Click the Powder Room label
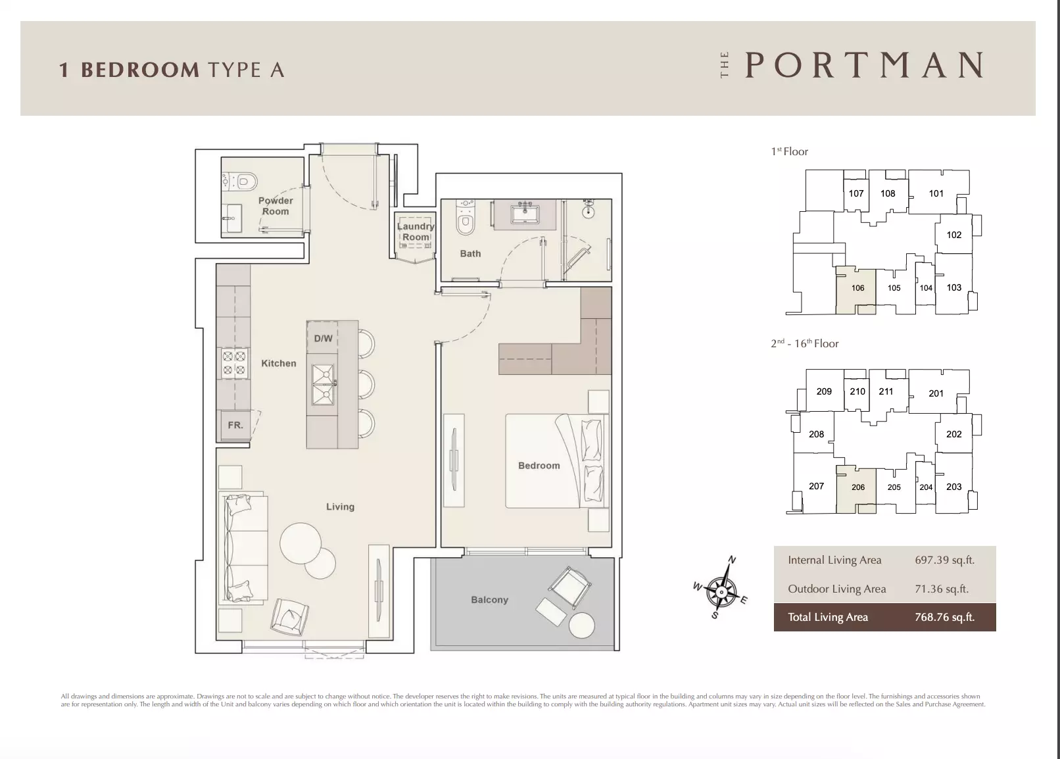pyautogui.click(x=276, y=206)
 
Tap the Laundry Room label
pyautogui.click(x=416, y=232)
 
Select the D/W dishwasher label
pyautogui.click(x=324, y=338)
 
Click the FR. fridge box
pyautogui.click(x=235, y=426)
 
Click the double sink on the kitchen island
pyautogui.click(x=324, y=385)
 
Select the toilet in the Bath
pyautogui.click(x=465, y=218)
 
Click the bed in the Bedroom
pyautogui.click(x=557, y=461)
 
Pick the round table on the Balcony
pyautogui.click(x=581, y=625)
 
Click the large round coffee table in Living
pyautogui.click(x=301, y=543)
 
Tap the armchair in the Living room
pyautogui.click(x=289, y=616)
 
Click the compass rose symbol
pyautogui.click(x=721, y=591)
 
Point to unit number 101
pyautogui.click(x=936, y=193)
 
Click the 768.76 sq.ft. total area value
pyautogui.click(x=944, y=617)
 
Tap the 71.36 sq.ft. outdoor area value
pyautogui.click(x=942, y=589)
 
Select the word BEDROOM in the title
pyautogui.click(x=140, y=70)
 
